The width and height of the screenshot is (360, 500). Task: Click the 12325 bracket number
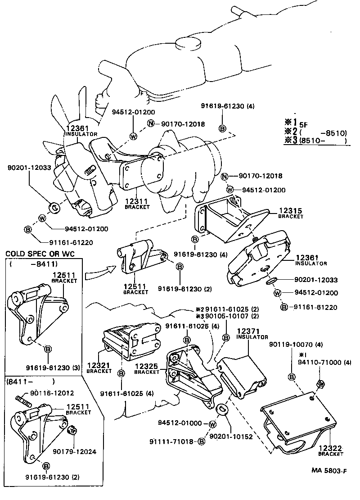click(x=147, y=367)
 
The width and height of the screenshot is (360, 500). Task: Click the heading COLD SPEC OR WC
click(x=40, y=255)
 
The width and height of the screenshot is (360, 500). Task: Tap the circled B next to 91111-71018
click(x=201, y=441)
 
